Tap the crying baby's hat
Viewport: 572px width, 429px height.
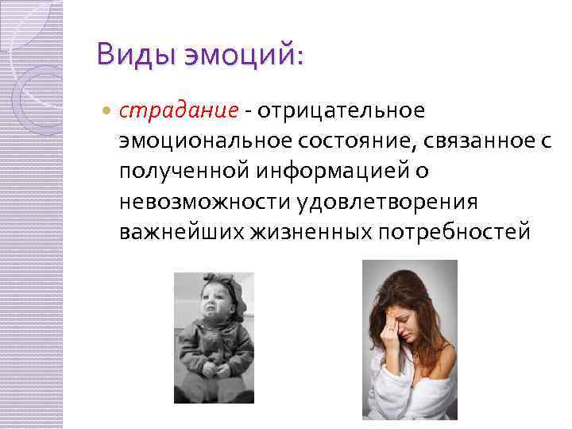(x=217, y=285)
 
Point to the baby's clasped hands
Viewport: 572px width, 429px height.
(x=213, y=367)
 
